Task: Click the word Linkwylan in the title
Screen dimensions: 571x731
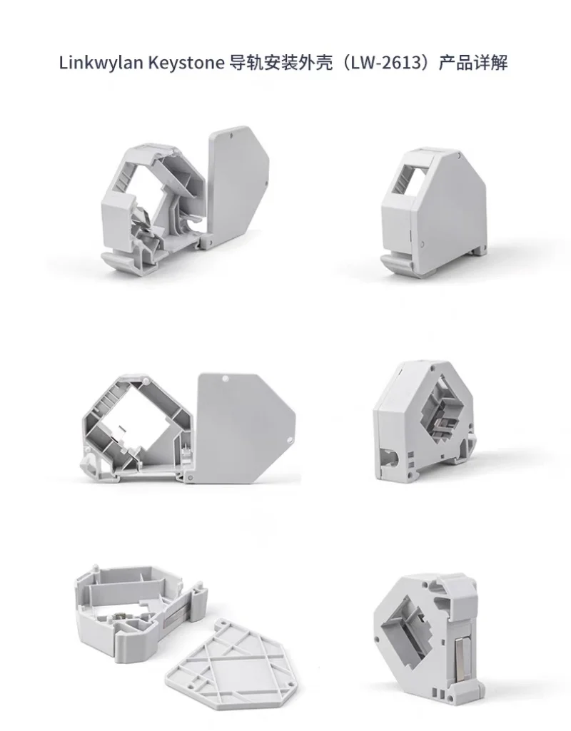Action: coord(101,63)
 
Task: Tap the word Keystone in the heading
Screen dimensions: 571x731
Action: coord(186,63)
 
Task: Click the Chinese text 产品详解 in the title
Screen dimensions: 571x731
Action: coord(473,63)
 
